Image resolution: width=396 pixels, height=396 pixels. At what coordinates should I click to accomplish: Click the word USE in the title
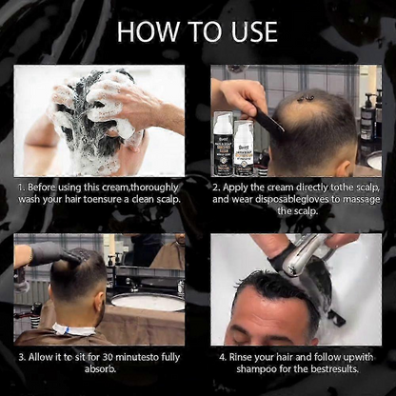click(x=253, y=31)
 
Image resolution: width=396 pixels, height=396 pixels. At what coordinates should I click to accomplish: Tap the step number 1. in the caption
click(x=21, y=188)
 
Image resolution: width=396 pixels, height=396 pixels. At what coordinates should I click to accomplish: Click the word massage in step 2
click(x=362, y=200)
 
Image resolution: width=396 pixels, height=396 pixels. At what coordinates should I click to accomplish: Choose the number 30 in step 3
click(x=108, y=357)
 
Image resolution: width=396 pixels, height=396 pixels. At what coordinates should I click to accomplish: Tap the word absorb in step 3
click(x=99, y=369)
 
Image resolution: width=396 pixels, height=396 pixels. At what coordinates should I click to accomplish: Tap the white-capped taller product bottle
click(x=224, y=143)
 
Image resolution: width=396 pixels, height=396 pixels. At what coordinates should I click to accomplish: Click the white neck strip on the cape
click(x=73, y=329)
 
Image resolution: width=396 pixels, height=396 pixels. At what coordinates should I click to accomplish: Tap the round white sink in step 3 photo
click(x=148, y=302)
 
